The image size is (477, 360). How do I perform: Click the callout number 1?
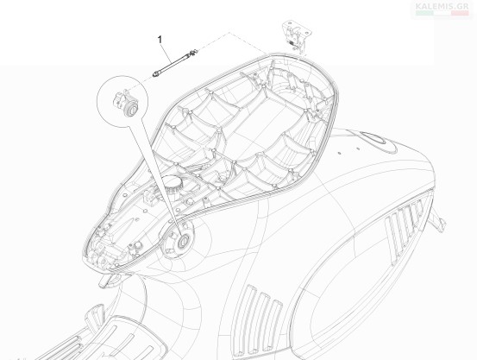tap(160, 40)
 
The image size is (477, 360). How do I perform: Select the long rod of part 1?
tap(173, 63)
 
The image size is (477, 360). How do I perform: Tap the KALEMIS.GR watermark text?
tap(442, 6)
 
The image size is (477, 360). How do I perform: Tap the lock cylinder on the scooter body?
tap(184, 241)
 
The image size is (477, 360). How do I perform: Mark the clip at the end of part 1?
tap(194, 53)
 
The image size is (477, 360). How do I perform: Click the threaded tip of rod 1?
tap(155, 74)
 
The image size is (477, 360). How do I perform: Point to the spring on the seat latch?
tap(293, 43)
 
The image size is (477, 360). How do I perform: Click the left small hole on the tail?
tap(340, 153)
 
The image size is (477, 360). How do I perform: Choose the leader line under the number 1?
tap(166, 54)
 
